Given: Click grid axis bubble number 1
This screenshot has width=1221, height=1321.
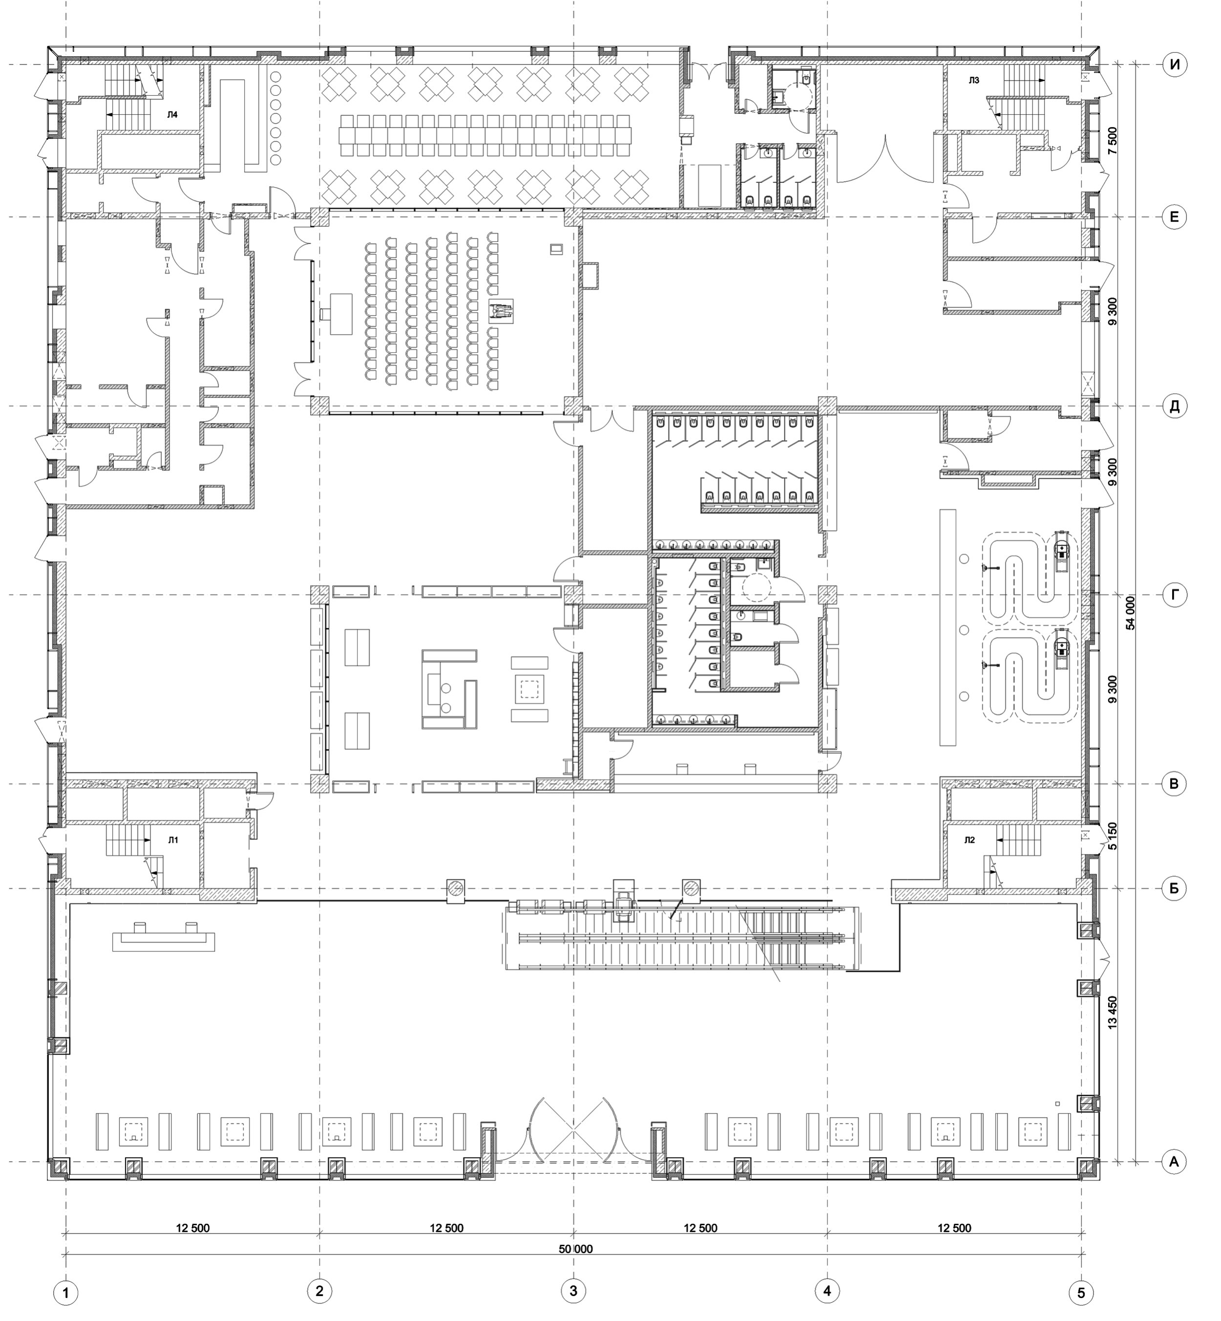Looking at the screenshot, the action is (66, 1293).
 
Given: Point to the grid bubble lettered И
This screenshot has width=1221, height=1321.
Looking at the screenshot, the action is (1174, 65).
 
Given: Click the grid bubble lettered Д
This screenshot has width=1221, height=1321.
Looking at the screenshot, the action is (1174, 406).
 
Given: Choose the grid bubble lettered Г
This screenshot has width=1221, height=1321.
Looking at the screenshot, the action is (1174, 596).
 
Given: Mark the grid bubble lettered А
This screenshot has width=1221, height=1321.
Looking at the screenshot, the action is (1174, 1162).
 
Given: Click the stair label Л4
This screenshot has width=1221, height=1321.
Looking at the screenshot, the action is (172, 115).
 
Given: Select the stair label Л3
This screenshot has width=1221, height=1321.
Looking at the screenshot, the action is (974, 81).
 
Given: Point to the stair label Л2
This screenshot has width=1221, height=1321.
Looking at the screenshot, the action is (969, 840).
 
